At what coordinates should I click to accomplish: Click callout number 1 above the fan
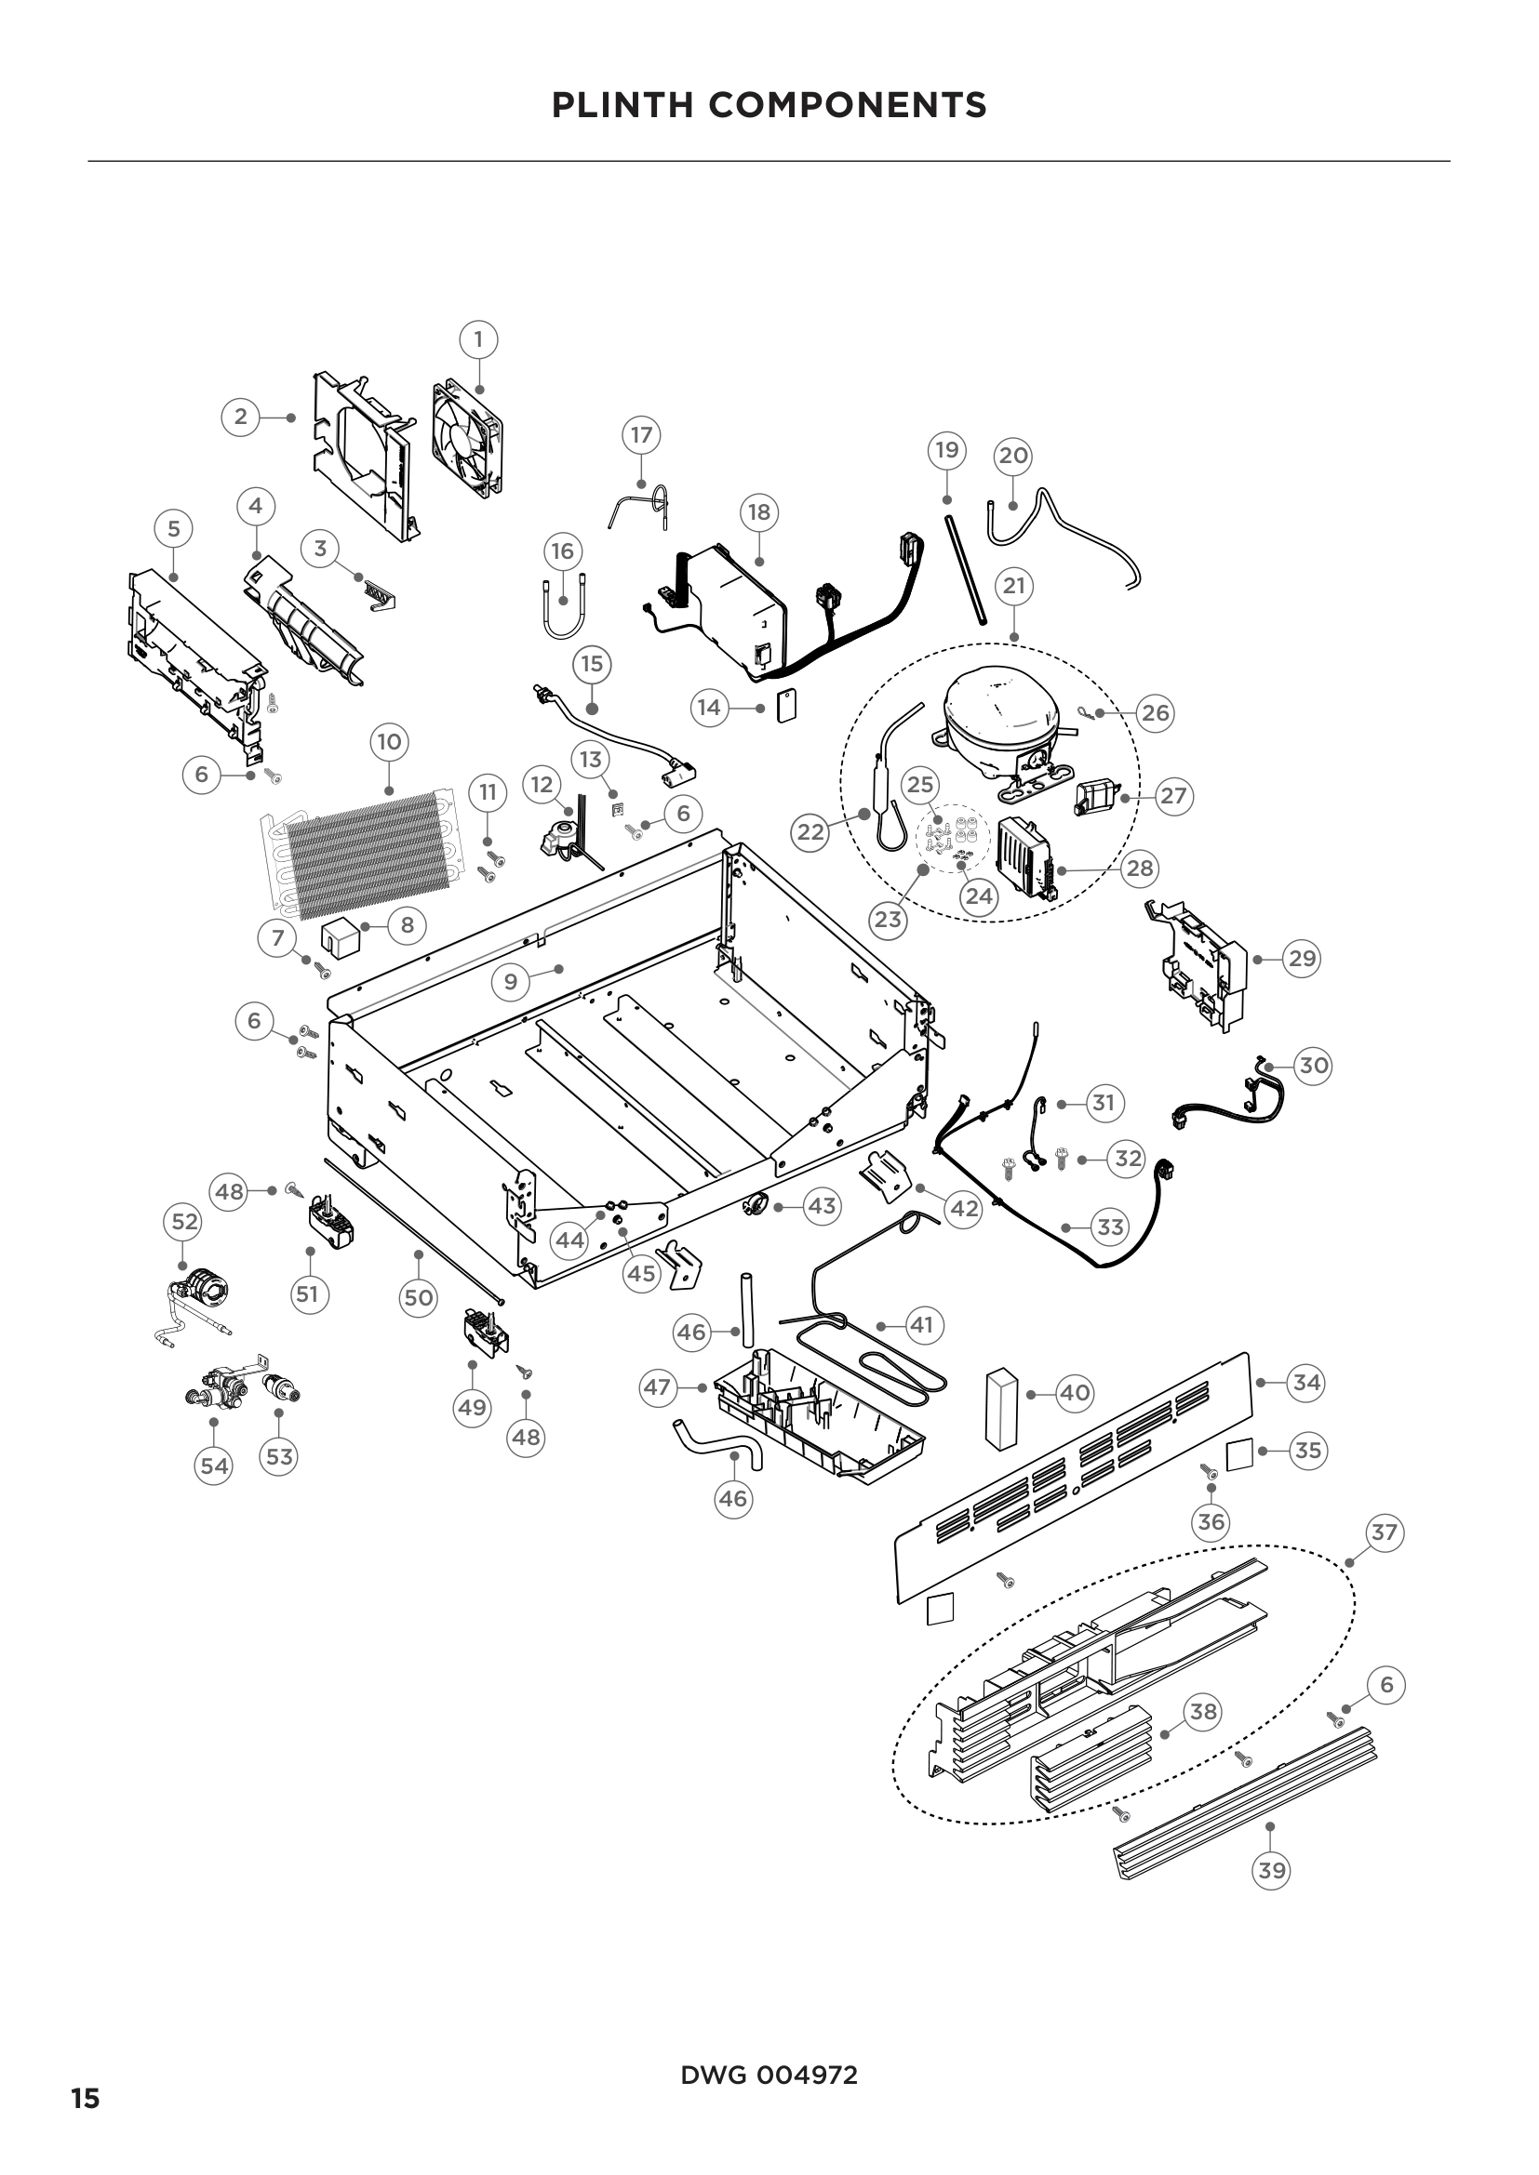tap(478, 339)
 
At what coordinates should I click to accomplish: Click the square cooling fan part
tap(466, 438)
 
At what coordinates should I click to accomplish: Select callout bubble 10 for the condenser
tap(390, 742)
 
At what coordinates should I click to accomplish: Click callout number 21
tap(1014, 586)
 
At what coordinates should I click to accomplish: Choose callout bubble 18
tap(759, 512)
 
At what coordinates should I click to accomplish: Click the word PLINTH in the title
tap(623, 105)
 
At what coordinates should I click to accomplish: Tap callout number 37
tap(1384, 1532)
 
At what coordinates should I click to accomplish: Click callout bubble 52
tap(184, 1222)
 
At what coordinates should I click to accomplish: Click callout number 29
tap(1302, 959)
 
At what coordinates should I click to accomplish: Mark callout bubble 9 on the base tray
tap(511, 981)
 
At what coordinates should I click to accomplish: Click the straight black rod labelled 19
tap(965, 569)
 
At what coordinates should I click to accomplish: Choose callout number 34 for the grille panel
tap(1305, 1382)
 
